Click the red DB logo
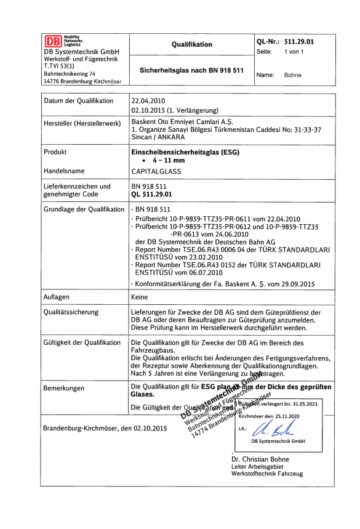53,41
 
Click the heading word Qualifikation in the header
191,44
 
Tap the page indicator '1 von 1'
294,52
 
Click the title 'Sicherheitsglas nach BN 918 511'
191,71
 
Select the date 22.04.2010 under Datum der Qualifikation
148,100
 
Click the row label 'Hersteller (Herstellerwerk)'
82,124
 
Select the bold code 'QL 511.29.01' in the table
153,194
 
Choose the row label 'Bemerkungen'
64,389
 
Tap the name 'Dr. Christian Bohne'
260,459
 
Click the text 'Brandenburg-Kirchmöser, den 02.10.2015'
105,427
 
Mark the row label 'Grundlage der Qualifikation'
84,209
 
